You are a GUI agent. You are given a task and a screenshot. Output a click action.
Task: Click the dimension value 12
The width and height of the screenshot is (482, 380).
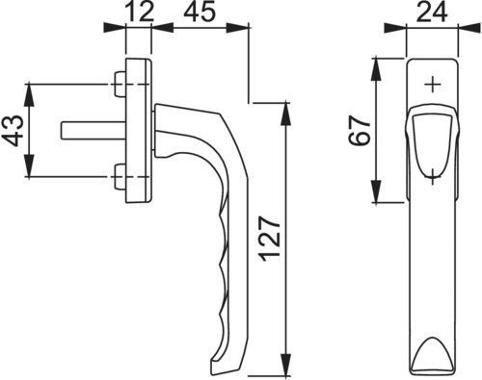click(140, 13)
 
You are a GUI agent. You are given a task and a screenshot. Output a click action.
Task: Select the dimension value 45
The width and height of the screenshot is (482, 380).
click(199, 13)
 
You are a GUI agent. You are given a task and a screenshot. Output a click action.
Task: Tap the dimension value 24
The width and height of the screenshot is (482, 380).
click(432, 13)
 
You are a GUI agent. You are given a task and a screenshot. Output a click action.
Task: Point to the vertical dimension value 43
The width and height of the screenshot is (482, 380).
click(13, 131)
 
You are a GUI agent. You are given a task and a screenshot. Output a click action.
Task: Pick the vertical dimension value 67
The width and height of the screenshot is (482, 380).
click(360, 130)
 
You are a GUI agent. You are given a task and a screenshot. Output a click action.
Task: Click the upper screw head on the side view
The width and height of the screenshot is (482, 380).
click(120, 84)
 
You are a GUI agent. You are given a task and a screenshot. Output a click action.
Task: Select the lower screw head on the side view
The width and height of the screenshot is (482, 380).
click(120, 176)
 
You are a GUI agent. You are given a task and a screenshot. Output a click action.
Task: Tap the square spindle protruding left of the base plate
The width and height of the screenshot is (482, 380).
click(94, 131)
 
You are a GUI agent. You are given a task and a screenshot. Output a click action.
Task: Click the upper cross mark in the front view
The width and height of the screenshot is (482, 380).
click(433, 85)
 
